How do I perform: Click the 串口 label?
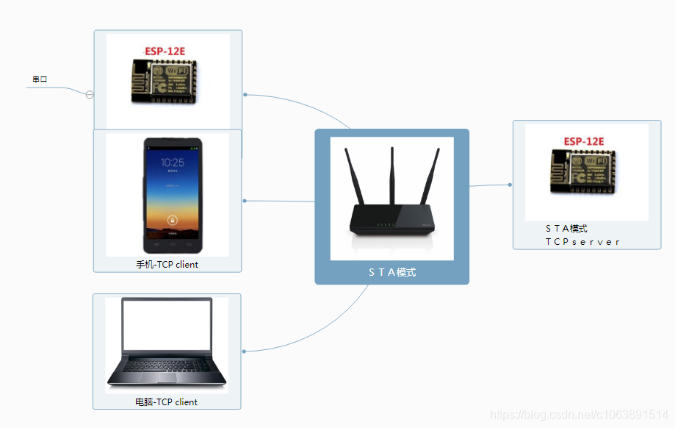point(40,79)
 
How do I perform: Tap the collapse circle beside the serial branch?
point(90,94)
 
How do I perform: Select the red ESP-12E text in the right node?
point(583,141)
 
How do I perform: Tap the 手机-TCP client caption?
point(167,264)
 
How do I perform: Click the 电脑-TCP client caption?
point(166,402)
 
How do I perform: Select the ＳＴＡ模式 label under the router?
point(391,272)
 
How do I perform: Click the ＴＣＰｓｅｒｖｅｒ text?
point(582,241)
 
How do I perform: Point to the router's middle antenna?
point(391,176)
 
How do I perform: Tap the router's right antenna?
point(430,176)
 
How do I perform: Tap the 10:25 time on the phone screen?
point(172,163)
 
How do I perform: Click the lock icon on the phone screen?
point(172,219)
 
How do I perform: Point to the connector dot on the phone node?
point(245,200)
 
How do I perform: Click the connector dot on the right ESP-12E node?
point(510,185)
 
